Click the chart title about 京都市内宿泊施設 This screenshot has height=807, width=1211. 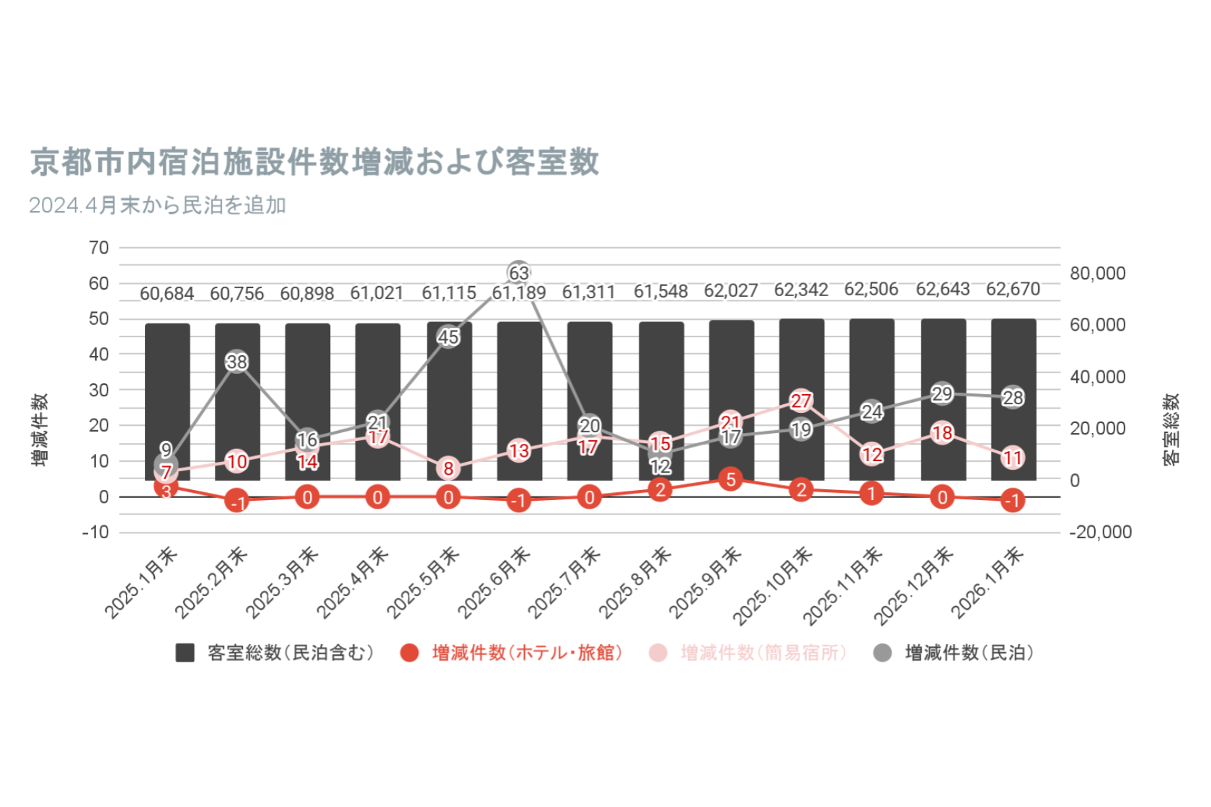[314, 162]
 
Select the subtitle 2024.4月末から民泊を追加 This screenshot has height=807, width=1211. [158, 206]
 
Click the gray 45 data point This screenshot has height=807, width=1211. [448, 336]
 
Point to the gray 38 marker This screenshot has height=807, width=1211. [237, 362]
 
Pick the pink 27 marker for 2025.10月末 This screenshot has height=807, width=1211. [802, 401]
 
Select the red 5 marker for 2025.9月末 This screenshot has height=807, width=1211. [731, 479]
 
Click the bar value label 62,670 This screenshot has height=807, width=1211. [1013, 290]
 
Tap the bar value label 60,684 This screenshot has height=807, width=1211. [167, 294]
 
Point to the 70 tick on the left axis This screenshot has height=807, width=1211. [99, 248]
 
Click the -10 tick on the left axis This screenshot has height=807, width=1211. [96, 532]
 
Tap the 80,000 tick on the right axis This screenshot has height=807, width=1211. [1097, 274]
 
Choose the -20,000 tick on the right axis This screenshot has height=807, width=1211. [1100, 532]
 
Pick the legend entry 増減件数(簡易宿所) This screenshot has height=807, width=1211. [763, 653]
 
